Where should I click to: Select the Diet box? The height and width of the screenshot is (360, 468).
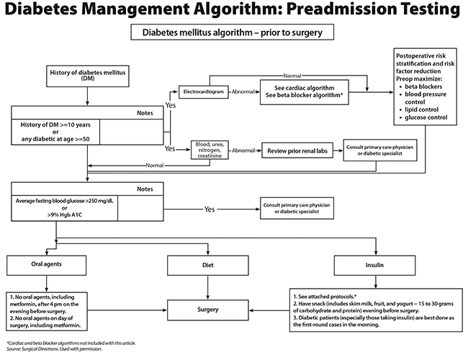click(x=209, y=264)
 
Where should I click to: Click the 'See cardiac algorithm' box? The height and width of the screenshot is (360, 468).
click(x=305, y=93)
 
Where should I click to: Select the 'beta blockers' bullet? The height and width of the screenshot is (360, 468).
click(x=429, y=86)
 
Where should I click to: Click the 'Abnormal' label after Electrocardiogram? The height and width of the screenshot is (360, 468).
click(x=243, y=92)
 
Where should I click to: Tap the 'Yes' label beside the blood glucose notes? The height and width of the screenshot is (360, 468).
click(x=210, y=210)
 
